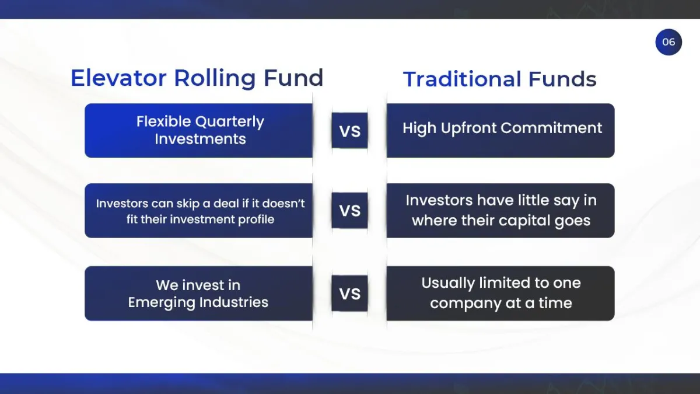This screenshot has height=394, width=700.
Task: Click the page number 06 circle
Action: pyautogui.click(x=668, y=42)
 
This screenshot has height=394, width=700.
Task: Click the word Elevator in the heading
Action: pyautogui.click(x=118, y=78)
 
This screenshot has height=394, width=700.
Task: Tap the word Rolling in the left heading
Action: pyautogui.click(x=215, y=79)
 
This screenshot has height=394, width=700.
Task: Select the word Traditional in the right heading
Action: pyautogui.click(x=462, y=79)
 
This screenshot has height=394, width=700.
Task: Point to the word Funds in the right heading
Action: pyautogui.click(x=562, y=79)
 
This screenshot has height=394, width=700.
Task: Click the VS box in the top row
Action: pyautogui.click(x=349, y=130)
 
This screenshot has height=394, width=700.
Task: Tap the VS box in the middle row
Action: pyautogui.click(x=349, y=211)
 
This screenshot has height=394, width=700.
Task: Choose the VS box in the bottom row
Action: pyautogui.click(x=349, y=293)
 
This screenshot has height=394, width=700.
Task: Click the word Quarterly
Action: pyautogui.click(x=230, y=122)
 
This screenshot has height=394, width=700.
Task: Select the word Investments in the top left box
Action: pyautogui.click(x=200, y=139)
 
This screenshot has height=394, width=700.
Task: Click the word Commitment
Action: pyautogui.click(x=552, y=128)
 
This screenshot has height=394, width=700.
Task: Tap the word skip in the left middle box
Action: pyautogui.click(x=188, y=204)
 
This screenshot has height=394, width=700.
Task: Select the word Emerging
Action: pyautogui.click(x=162, y=303)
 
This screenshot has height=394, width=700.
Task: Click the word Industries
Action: pyautogui.click(x=234, y=302)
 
